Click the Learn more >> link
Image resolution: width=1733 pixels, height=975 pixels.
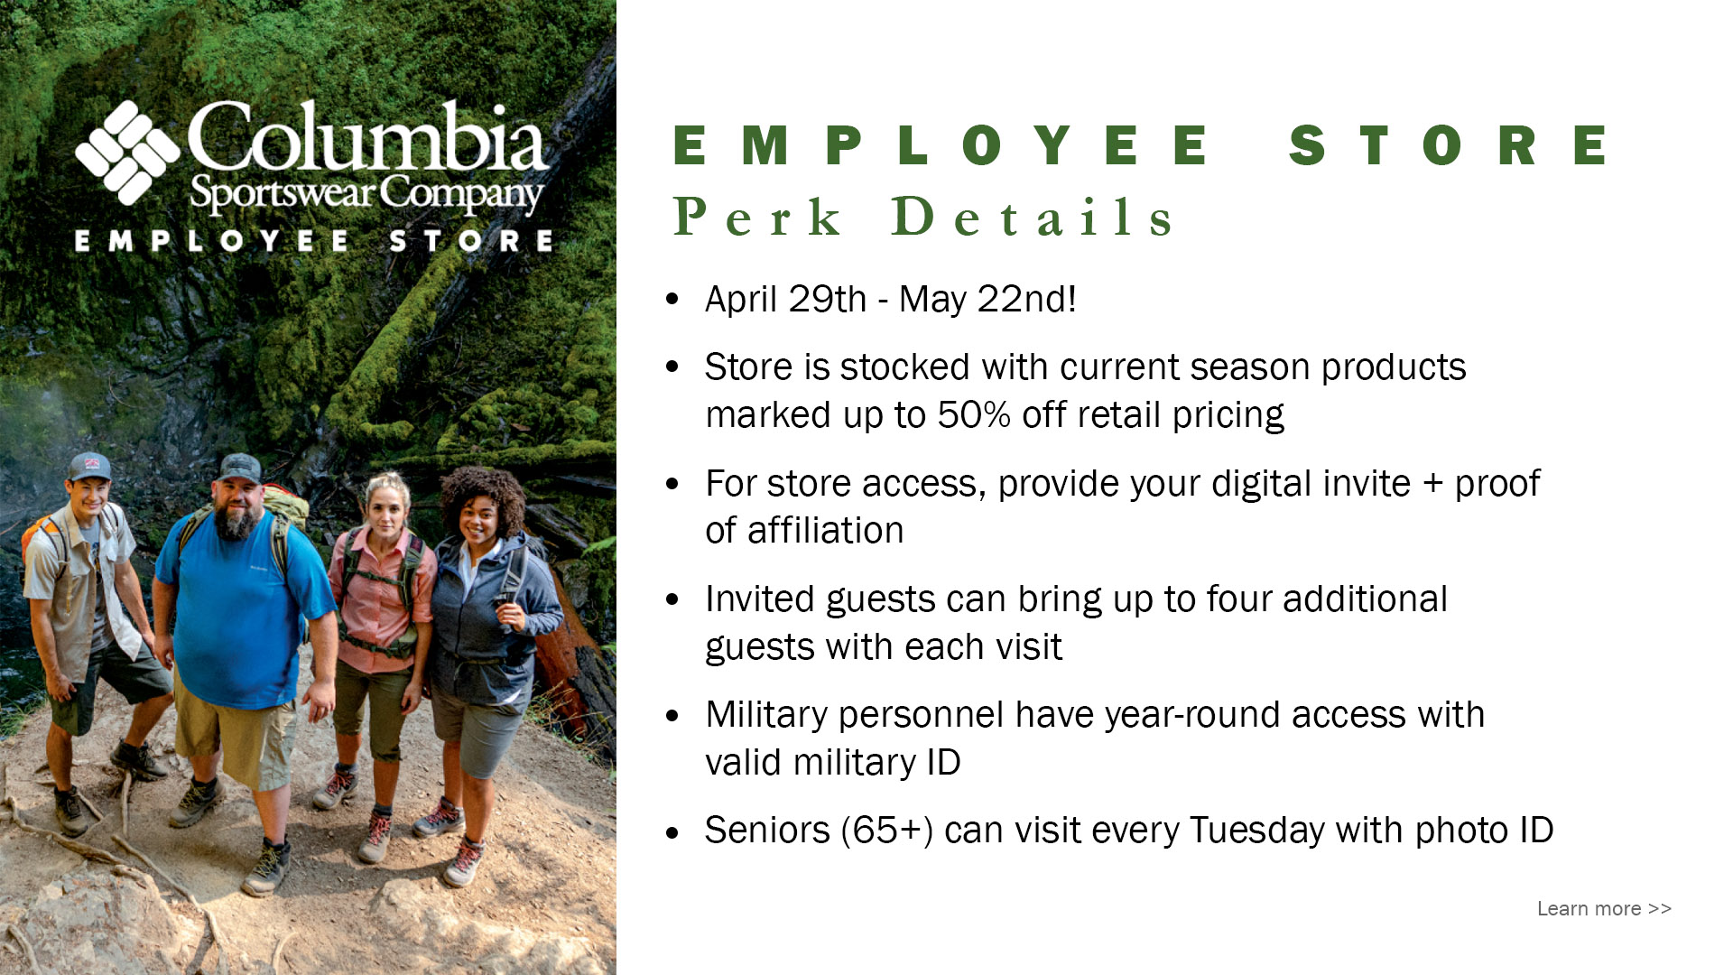(1604, 908)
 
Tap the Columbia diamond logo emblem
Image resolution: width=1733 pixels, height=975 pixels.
(127, 153)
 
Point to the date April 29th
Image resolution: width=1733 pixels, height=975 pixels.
(785, 299)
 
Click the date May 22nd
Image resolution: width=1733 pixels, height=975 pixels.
(987, 299)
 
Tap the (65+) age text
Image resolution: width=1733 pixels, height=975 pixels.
(887, 831)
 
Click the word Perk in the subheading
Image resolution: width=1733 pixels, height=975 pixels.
(758, 217)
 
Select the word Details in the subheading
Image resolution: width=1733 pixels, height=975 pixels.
(1033, 217)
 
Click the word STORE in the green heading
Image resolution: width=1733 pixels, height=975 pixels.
(1448, 145)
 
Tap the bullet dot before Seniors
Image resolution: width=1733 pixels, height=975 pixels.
(672, 832)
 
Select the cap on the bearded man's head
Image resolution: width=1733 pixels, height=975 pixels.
(239, 469)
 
